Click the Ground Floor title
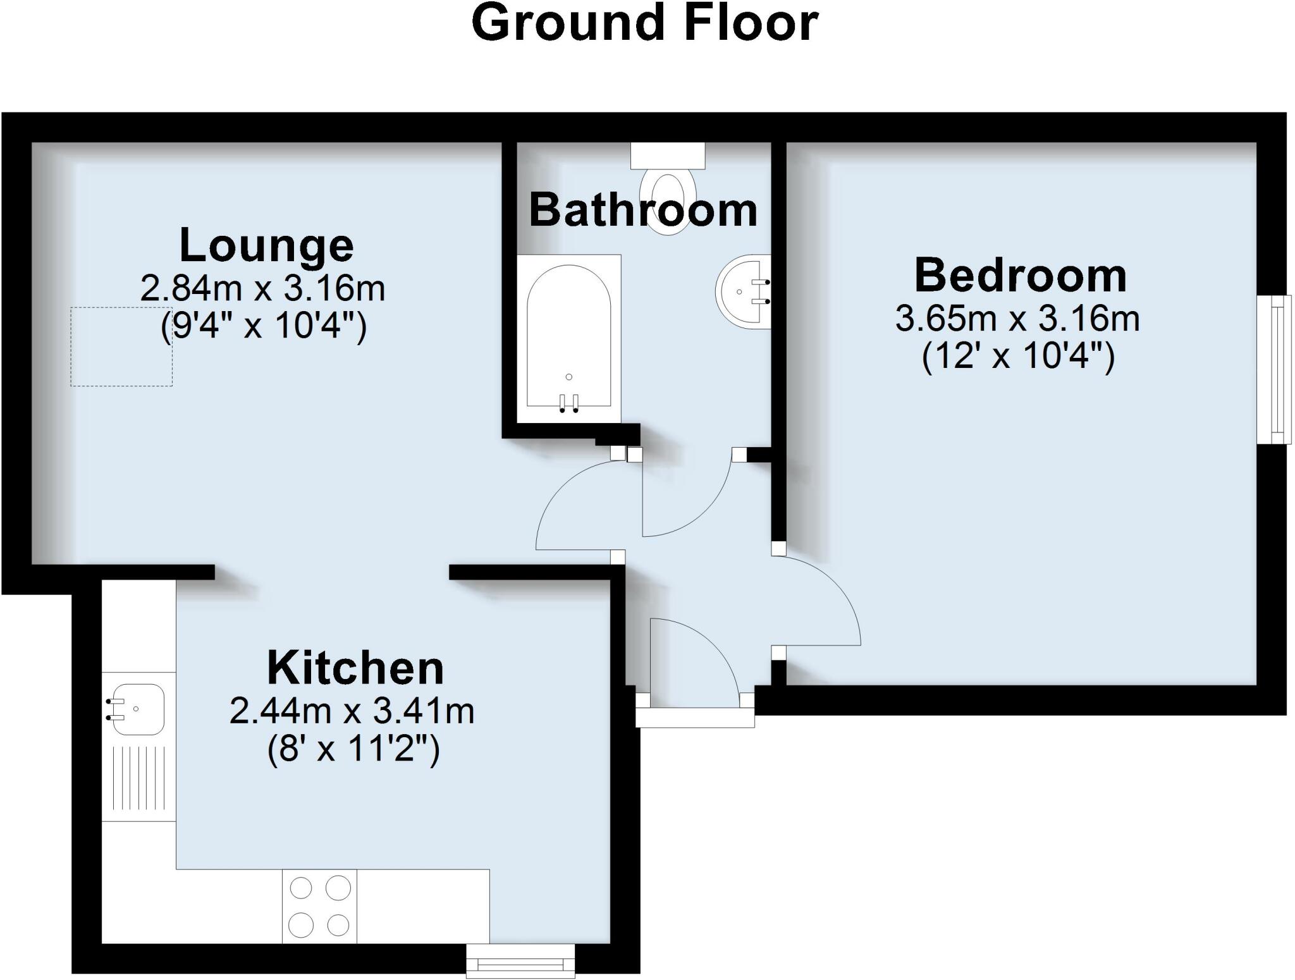(x=645, y=24)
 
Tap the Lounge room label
(x=266, y=245)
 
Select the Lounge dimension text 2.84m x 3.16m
(x=262, y=289)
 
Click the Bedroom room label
(x=1020, y=276)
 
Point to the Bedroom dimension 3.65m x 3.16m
(x=1017, y=319)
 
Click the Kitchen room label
(x=355, y=668)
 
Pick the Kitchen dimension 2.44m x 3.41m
(x=352, y=711)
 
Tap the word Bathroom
(x=643, y=211)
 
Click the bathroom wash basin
(x=744, y=292)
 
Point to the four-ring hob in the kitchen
(x=319, y=906)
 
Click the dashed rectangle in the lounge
(x=121, y=346)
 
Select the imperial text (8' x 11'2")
(x=353, y=750)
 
